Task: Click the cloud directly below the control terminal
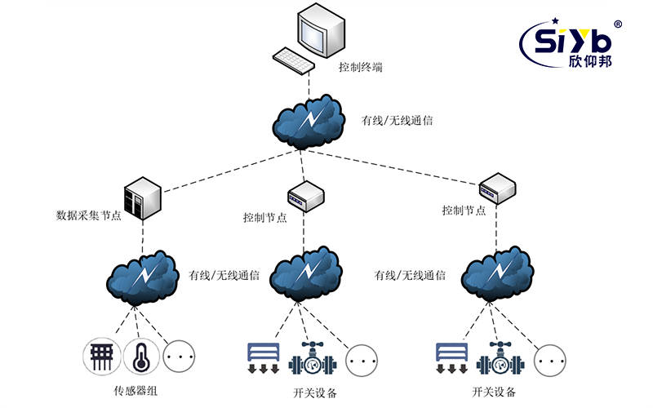pos(308,122)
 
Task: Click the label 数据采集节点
pos(87,217)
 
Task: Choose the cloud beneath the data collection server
pos(144,277)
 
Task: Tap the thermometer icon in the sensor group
pos(140,357)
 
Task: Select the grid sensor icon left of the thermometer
pos(102,357)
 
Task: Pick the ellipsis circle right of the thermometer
pos(178,357)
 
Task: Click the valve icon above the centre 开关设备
pos(310,357)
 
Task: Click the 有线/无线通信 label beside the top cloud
pos(397,121)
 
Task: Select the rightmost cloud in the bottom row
pos(493,277)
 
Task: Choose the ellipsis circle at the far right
pos(550,358)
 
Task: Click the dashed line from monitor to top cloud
pos(309,82)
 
